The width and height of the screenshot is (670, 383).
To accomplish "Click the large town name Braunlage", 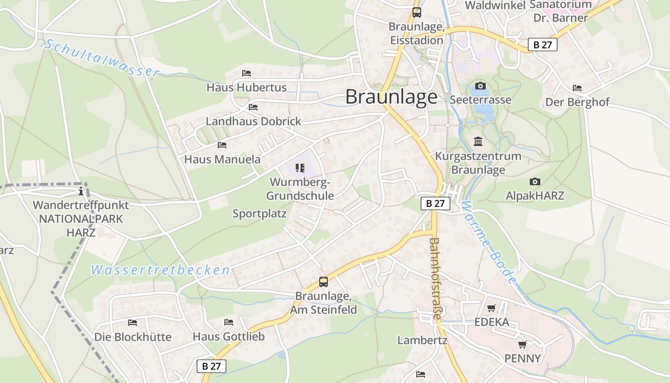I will click(x=391, y=97).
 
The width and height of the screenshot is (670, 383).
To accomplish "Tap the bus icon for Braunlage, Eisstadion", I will click(x=417, y=12).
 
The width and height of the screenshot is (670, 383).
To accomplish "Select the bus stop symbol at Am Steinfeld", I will click(x=324, y=282).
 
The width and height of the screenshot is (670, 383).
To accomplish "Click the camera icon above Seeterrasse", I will click(x=480, y=86).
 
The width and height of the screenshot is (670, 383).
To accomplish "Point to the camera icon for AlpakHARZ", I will click(x=535, y=182).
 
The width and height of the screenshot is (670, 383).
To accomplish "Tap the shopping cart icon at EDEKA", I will click(x=491, y=308).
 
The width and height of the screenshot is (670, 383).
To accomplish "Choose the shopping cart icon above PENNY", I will click(x=523, y=344).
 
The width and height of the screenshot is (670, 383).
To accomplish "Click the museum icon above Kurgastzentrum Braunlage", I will click(x=478, y=142).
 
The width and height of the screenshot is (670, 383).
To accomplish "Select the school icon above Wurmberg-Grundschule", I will click(x=300, y=168).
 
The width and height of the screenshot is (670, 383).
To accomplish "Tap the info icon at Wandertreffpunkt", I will click(x=81, y=191).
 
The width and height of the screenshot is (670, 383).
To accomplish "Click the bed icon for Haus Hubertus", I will click(x=246, y=73).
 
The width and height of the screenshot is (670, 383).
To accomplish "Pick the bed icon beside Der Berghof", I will click(x=577, y=88).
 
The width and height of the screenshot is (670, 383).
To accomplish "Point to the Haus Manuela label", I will click(x=223, y=159).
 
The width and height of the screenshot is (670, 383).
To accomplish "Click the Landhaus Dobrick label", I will click(x=253, y=121).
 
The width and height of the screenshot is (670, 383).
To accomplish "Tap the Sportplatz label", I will click(x=259, y=214).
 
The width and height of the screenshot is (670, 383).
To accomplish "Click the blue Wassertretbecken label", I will click(x=161, y=270).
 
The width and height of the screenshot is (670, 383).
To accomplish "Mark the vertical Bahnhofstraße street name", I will click(x=435, y=279).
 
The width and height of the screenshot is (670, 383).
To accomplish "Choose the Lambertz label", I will click(x=422, y=340).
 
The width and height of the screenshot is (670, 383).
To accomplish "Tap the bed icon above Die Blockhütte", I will click(x=133, y=323).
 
